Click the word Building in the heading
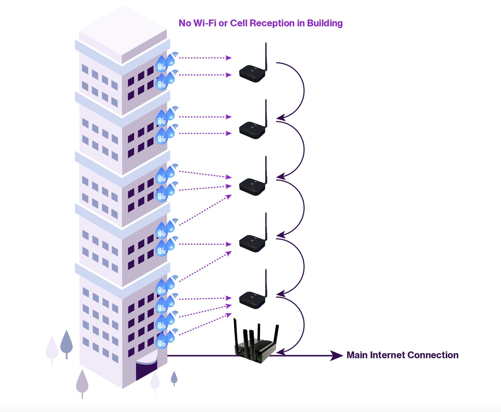[325, 23]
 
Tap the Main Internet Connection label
[402, 355]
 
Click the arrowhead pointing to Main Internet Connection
[336, 355]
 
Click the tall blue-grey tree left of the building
[66, 344]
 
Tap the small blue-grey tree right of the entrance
[174, 378]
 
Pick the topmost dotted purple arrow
[205, 58]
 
